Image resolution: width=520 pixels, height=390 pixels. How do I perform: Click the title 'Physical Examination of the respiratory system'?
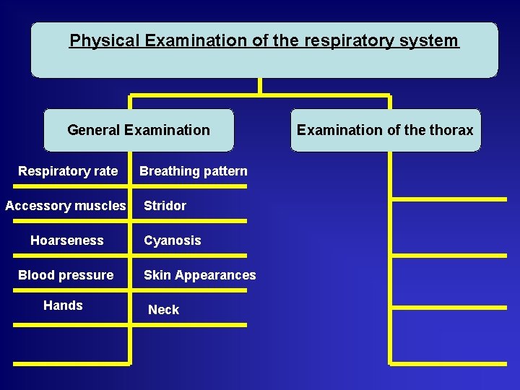tap(264, 40)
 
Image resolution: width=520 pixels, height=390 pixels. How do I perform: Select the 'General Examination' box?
tap(139, 130)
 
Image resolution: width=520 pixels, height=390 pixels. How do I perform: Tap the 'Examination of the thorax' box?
tap(385, 130)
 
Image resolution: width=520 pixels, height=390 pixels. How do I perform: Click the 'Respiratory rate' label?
tap(67, 171)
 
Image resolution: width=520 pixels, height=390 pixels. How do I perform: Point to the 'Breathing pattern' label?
tap(193, 171)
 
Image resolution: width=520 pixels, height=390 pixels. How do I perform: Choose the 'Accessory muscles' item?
tap(65, 206)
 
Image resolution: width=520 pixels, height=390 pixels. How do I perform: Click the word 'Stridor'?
tap(165, 206)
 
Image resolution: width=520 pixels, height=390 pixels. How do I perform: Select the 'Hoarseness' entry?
tap(66, 240)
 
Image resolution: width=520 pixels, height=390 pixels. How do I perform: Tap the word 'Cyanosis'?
tap(172, 240)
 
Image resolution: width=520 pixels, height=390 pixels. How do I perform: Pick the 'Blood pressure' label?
tap(65, 275)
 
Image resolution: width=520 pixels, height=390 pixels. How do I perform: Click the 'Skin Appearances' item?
tap(199, 275)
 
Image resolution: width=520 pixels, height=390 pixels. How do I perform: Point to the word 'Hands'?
tap(63, 305)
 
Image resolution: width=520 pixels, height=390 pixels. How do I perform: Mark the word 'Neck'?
tap(163, 310)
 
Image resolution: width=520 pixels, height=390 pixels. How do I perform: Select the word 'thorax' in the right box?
tap(451, 130)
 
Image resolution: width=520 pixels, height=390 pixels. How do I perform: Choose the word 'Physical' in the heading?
tap(104, 40)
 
